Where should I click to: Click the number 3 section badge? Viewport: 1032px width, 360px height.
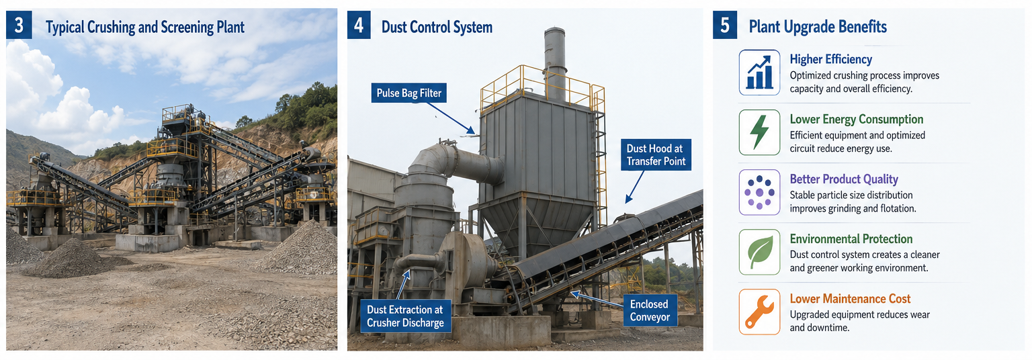coord(19,26)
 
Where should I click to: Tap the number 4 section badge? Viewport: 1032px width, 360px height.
coord(359,26)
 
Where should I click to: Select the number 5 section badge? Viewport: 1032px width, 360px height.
coord(725,26)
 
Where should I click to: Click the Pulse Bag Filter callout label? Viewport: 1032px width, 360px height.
coord(408,93)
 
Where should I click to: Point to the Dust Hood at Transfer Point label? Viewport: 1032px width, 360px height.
coord(656,154)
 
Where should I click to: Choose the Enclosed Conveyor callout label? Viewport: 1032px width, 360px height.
coord(650,310)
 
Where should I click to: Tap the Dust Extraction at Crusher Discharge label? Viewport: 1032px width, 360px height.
coord(405,316)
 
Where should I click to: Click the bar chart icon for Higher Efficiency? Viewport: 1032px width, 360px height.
coord(759,73)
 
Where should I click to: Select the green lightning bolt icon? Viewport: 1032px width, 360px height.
coord(759,132)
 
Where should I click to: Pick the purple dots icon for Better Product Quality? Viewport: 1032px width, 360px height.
coord(759,193)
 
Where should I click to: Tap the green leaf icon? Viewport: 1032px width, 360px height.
coord(759,253)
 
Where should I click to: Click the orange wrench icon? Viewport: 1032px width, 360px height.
coord(759,312)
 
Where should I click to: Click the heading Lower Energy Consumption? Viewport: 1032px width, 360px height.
coord(857,120)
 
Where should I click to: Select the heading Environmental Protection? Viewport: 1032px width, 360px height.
coord(851,239)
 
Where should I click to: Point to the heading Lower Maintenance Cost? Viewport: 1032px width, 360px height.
coord(850,299)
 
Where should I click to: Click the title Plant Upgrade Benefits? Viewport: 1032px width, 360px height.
coord(818,27)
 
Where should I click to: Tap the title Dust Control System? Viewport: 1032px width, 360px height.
coord(437,27)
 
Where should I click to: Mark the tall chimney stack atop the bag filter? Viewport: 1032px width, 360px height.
coord(555,64)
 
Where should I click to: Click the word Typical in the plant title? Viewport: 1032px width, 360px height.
coord(64,28)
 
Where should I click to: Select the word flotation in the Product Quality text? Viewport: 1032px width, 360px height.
coord(896,208)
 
